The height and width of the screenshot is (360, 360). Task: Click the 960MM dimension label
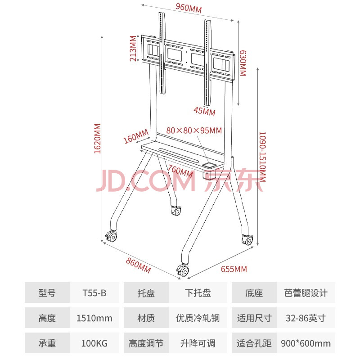tap(189, 8)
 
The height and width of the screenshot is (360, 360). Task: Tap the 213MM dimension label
tap(133, 49)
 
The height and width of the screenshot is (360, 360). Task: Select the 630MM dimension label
tap(243, 63)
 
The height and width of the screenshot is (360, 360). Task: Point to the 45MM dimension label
tap(204, 111)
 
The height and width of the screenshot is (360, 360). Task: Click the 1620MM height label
tap(97, 139)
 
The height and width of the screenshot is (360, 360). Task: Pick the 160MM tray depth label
tap(136, 136)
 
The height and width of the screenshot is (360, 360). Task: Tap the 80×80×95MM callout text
tap(194, 130)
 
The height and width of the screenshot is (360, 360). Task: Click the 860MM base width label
tap(139, 265)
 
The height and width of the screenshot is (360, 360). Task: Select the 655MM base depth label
tap(234, 269)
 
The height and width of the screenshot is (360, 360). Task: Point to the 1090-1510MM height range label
tap(262, 157)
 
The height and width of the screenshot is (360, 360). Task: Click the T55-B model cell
tap(94, 293)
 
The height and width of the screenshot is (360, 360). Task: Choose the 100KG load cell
tap(94, 343)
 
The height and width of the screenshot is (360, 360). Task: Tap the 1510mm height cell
tap(94, 318)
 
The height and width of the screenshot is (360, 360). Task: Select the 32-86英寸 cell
tap(306, 318)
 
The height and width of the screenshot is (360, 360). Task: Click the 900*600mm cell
tap(306, 343)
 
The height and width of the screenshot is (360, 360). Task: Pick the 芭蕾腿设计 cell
tap(306, 293)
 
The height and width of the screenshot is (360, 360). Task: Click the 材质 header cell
tap(146, 318)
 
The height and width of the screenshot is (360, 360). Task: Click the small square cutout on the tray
tap(209, 165)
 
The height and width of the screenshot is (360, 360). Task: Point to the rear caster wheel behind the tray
tap(176, 211)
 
